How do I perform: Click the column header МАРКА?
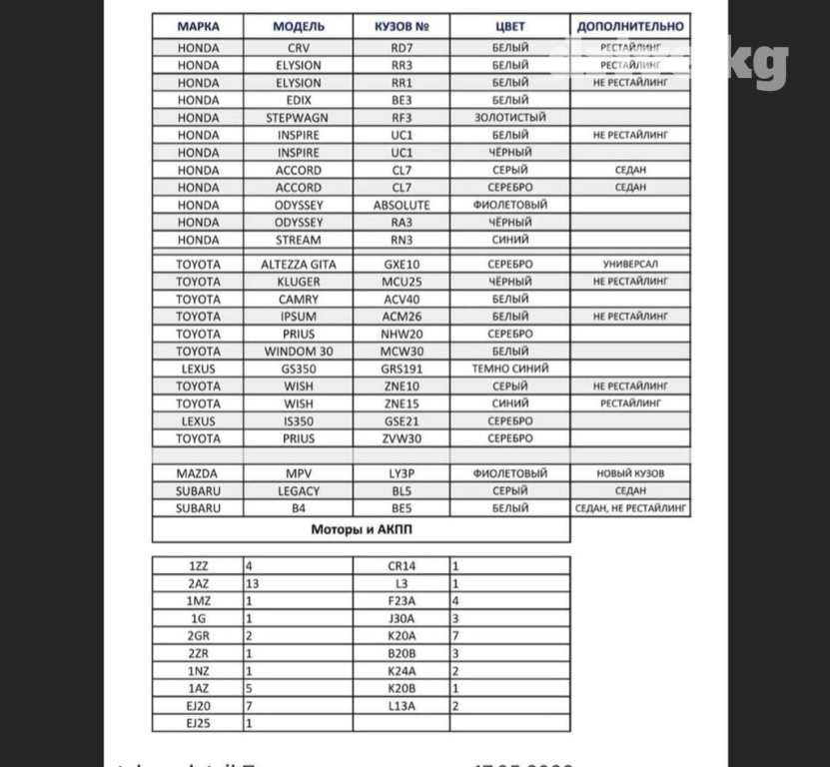[198, 27]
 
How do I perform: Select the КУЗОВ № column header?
[402, 27]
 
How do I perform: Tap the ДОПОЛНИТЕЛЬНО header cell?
[630, 27]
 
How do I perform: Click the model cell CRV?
[299, 48]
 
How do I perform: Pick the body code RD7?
[402, 48]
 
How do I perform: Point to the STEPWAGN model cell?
[299, 118]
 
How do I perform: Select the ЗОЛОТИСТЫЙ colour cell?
[509, 118]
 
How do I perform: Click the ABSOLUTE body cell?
[402, 205]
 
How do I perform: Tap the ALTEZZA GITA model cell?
[299, 265]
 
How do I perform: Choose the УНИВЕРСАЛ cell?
[630, 265]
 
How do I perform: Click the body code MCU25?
[402, 282]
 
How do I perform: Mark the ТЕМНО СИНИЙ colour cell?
[509, 369]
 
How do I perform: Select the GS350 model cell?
[299, 369]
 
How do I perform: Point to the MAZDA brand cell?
[198, 473]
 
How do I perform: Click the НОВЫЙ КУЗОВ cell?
[630, 473]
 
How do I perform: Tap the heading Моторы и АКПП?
[361, 529]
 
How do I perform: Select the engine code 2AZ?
[198, 583]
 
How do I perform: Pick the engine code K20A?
[402, 635]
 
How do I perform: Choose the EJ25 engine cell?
[198, 723]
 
